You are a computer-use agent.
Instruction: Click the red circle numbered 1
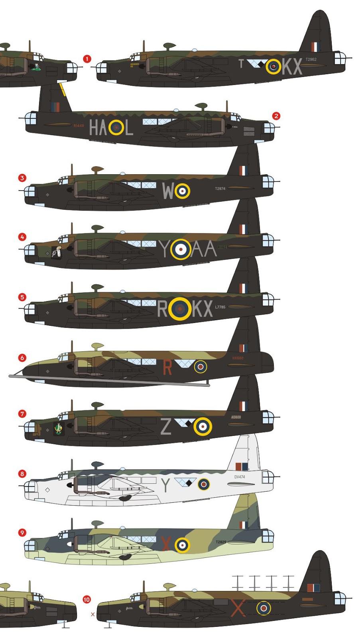(87, 59)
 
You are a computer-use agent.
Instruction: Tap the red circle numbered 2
(276, 116)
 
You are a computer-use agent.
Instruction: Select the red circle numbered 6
(22, 358)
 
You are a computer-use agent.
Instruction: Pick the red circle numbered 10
(87, 599)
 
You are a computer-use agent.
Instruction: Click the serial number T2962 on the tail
(311, 59)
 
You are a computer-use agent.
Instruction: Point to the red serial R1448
(79, 126)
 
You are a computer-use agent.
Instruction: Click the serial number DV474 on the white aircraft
(240, 477)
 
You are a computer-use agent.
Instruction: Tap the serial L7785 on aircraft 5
(220, 307)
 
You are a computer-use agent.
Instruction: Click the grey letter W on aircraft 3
(168, 191)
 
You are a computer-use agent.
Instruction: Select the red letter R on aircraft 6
(167, 368)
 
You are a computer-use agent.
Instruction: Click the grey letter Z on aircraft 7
(166, 426)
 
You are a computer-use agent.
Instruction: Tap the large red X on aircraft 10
(238, 608)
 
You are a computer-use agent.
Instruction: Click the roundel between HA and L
(116, 128)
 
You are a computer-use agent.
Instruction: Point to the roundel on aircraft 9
(182, 545)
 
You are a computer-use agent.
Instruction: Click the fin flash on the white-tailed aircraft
(242, 466)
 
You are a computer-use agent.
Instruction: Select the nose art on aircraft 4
(57, 252)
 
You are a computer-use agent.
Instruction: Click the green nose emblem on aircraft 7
(59, 429)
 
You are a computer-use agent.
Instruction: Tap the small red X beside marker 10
(93, 614)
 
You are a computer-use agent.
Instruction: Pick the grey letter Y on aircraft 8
(165, 485)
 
